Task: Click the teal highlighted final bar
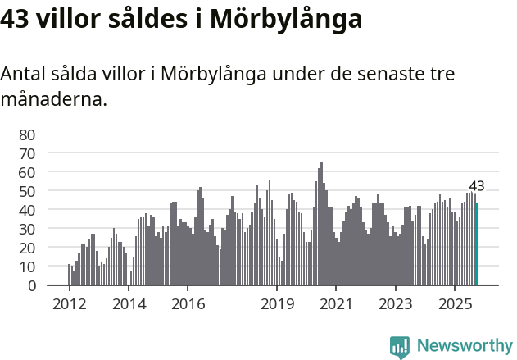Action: pos(477,244)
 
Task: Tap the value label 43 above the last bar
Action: pos(477,185)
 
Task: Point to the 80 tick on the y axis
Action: pos(26,134)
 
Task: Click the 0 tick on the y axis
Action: pos(31,285)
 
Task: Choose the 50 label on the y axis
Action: pos(26,191)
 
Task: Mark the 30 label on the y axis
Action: pos(26,229)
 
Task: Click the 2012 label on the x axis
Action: pos(69,304)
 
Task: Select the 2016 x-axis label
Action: pos(188,304)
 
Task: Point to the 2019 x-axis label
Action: pos(277,304)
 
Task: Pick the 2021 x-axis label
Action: pos(336,304)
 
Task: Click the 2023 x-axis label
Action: pos(396,304)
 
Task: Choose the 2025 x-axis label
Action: pos(455,304)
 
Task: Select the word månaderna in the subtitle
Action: pos(53,100)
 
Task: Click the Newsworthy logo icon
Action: pos(400,347)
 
